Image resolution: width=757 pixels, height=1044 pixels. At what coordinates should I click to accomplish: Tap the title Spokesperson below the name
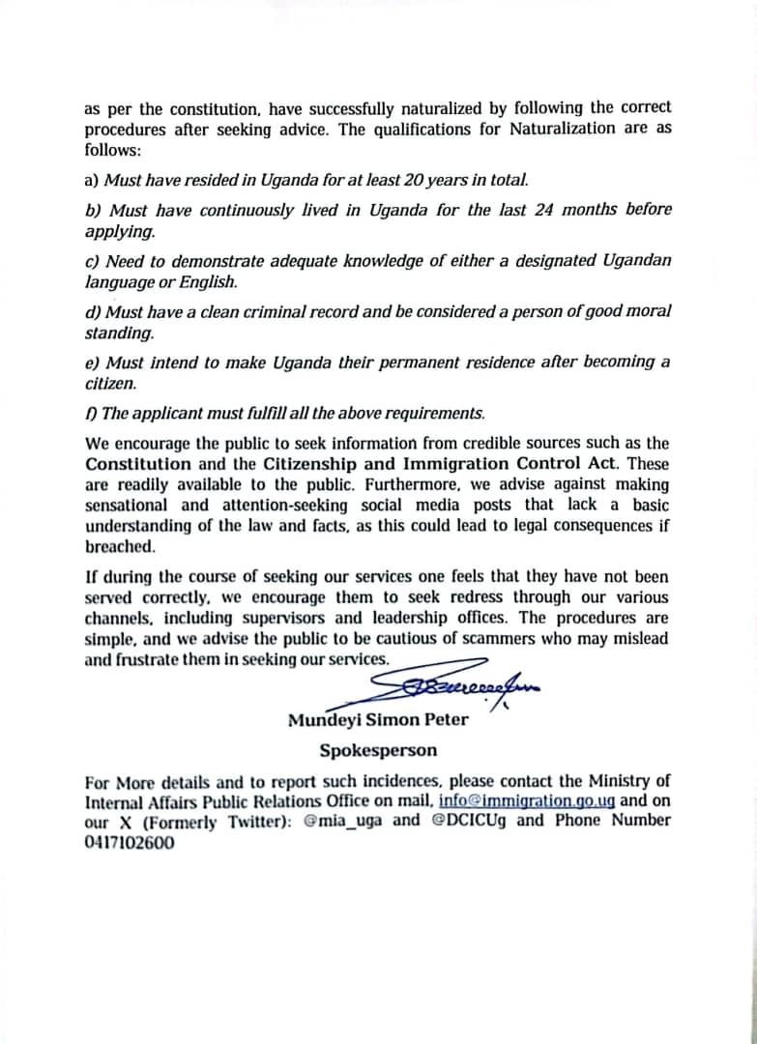(378, 750)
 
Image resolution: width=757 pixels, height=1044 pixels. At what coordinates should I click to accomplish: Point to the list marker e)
(92, 362)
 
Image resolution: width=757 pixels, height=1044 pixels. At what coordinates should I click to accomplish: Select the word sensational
(126, 505)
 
